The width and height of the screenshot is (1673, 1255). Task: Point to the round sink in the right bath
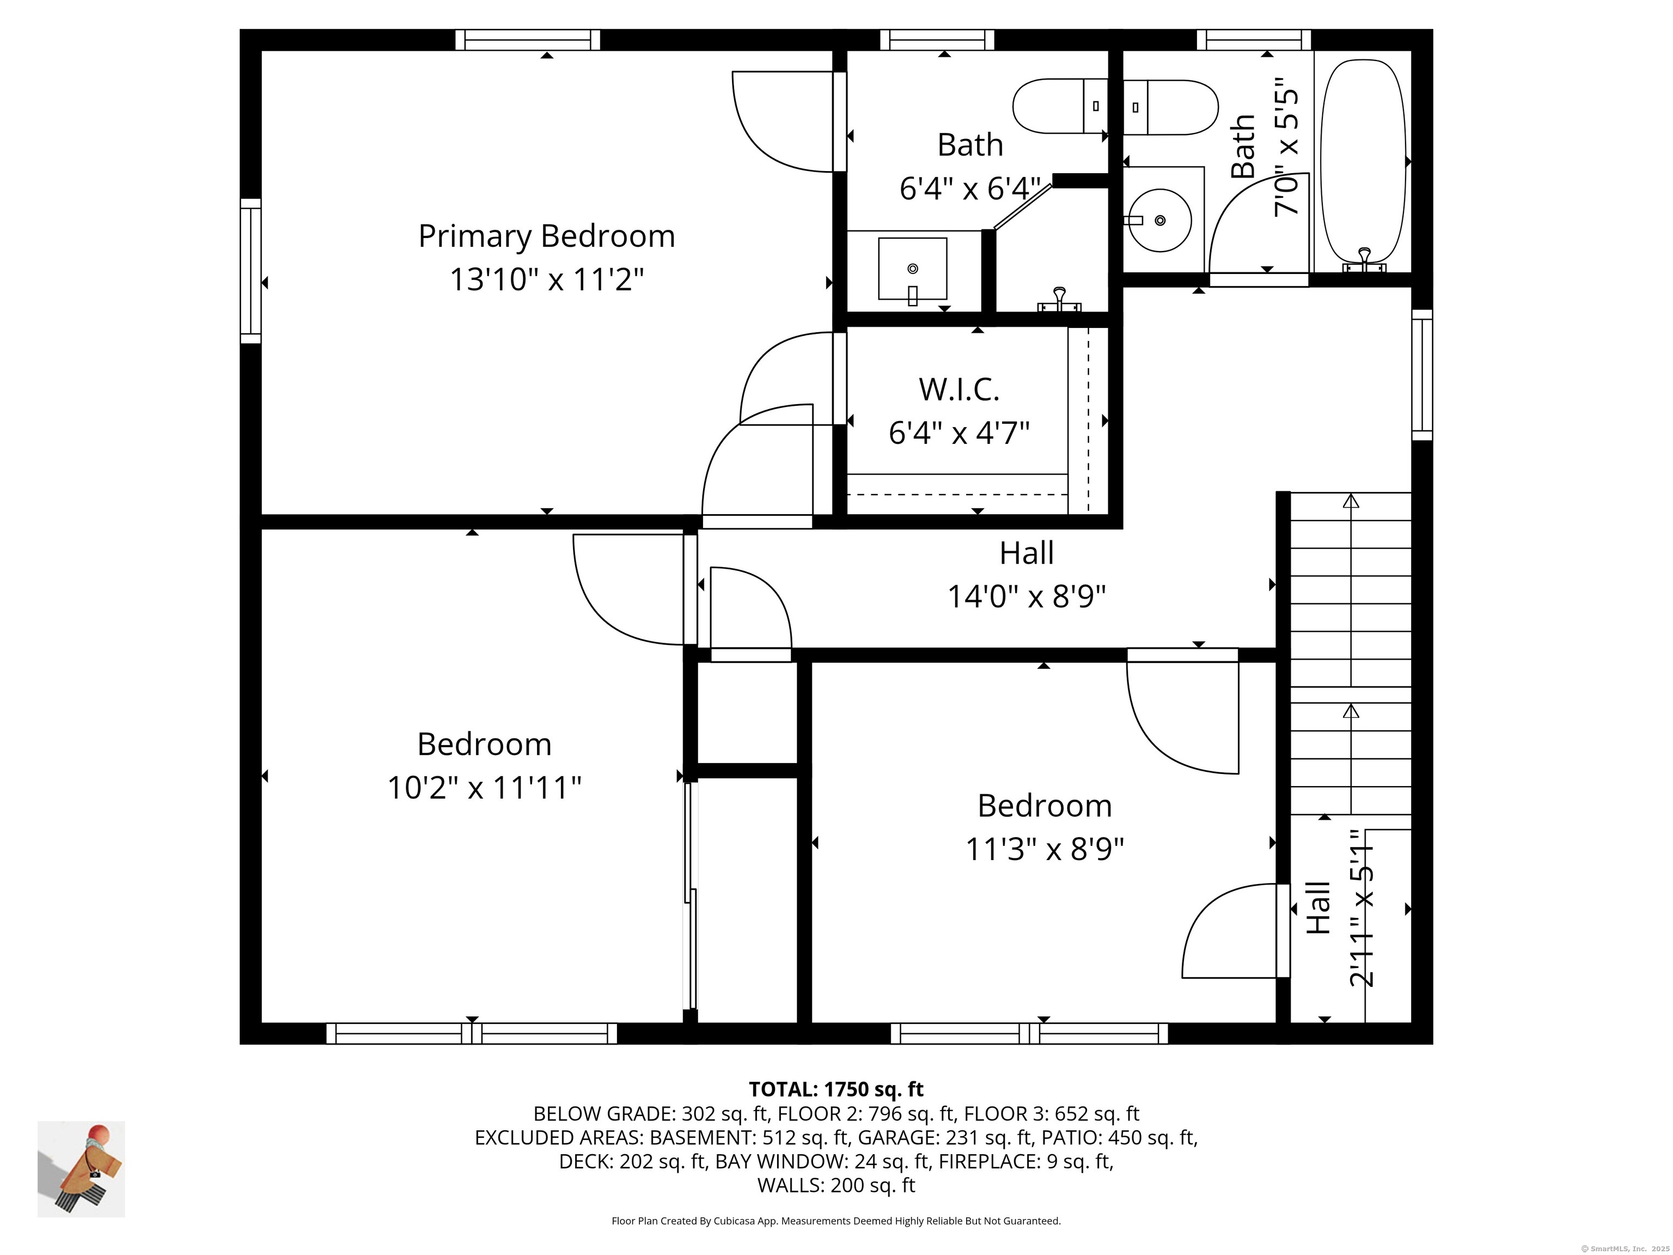point(1159,220)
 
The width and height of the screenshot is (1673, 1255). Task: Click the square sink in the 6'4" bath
point(912,269)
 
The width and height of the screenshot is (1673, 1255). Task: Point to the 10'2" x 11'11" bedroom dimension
point(484,788)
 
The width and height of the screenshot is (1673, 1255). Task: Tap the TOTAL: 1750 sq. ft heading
point(836,1089)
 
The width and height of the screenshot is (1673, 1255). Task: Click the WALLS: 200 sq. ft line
point(836,1185)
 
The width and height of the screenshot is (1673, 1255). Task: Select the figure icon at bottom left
point(82,1169)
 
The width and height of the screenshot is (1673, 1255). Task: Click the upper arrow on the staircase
point(1351,501)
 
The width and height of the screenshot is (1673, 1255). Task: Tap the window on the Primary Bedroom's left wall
point(251,270)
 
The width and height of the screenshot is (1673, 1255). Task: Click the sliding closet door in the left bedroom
point(690,897)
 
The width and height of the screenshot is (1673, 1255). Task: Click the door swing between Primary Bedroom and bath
point(783,121)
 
